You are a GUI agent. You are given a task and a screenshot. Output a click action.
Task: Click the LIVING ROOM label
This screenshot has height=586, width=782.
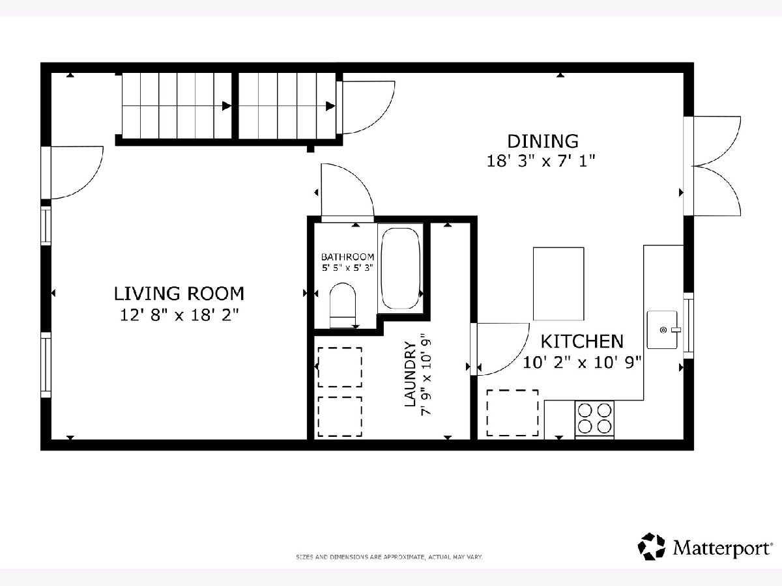click(x=179, y=294)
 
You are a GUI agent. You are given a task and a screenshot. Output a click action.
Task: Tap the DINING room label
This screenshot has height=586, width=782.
click(x=543, y=141)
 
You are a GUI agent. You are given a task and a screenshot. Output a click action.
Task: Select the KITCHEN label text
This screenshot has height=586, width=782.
click(x=582, y=342)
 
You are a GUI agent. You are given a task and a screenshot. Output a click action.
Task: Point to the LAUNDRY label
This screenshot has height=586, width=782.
click(x=410, y=374)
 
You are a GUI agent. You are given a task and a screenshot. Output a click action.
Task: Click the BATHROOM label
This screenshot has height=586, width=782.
click(x=348, y=257)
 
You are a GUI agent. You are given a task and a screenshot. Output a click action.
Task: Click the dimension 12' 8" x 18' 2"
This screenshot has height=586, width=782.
click(x=179, y=315)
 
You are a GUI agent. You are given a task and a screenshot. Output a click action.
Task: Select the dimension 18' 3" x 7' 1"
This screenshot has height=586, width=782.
click(x=541, y=161)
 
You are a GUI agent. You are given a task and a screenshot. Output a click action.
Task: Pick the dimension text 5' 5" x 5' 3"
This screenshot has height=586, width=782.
click(x=347, y=268)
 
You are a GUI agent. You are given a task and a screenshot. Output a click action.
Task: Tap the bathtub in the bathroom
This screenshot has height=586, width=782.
click(x=400, y=268)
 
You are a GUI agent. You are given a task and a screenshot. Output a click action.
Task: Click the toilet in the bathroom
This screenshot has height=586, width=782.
click(x=343, y=305)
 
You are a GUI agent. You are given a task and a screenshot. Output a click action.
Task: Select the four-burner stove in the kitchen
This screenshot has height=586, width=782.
click(x=594, y=419)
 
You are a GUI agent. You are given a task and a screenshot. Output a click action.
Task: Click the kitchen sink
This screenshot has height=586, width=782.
click(x=662, y=330)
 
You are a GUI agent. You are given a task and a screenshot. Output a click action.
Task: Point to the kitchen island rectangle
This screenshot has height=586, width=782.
click(x=558, y=284)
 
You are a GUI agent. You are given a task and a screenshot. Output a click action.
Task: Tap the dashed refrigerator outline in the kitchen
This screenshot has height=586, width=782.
click(x=512, y=413)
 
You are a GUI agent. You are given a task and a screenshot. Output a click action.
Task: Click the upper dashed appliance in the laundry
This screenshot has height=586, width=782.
click(x=340, y=367)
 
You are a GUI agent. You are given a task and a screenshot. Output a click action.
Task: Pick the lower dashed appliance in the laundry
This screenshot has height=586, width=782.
click(x=340, y=417)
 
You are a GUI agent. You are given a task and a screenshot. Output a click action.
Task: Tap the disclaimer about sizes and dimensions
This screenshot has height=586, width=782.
click(x=390, y=557)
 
